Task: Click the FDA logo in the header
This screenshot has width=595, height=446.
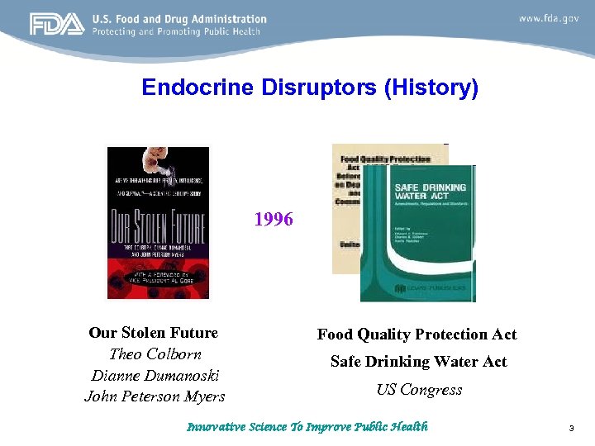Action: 57,25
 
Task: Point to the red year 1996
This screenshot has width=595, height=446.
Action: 274,219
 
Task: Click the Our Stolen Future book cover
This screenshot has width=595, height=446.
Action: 158,222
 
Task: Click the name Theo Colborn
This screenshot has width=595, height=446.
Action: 155,353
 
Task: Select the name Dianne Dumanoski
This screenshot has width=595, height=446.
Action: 155,375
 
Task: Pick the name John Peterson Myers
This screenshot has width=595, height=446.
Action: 155,396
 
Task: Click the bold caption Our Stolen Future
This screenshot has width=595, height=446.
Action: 154,333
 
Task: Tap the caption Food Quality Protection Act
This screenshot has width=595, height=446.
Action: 417,334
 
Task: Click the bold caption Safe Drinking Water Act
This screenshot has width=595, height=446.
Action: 419,362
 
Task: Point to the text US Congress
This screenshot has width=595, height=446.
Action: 419,390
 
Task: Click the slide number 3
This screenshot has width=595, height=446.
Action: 571,429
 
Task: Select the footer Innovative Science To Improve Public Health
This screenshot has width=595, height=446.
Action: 307,427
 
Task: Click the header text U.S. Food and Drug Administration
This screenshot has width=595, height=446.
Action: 179,18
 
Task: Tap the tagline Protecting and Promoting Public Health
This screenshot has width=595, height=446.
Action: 176,31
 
